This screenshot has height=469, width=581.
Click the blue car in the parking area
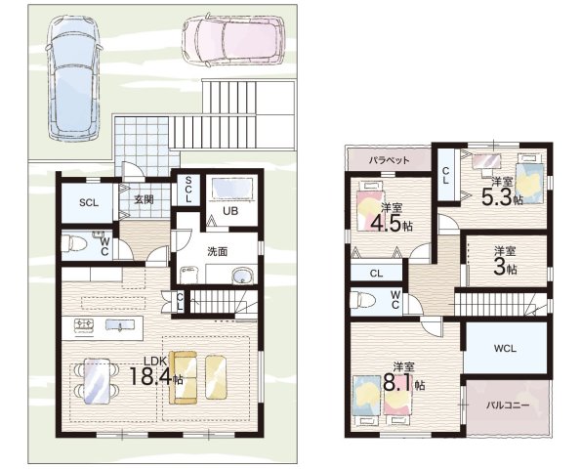click(74, 78)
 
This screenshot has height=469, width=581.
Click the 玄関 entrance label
click(144, 199)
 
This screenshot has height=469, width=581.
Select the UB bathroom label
click(230, 211)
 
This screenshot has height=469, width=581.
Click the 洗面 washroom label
click(217, 252)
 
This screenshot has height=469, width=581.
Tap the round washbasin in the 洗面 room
click(243, 276)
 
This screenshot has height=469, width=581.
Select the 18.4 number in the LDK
click(150, 376)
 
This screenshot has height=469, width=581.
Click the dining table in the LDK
click(97, 381)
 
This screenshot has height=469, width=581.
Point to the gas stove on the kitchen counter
click(85, 325)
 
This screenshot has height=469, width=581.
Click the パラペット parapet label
click(389, 160)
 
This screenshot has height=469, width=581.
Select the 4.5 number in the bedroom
click(387, 223)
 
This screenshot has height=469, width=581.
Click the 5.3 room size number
click(497, 196)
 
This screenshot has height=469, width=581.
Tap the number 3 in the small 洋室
click(500, 269)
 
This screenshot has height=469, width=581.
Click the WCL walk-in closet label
click(505, 349)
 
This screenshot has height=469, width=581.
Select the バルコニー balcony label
click(508, 405)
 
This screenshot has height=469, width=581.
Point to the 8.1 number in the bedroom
click(397, 383)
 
